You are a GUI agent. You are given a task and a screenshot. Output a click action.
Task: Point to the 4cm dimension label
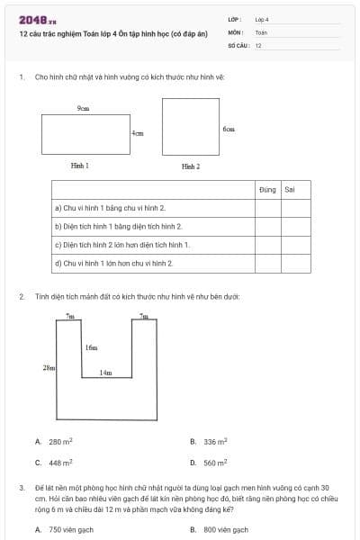click(x=138, y=133)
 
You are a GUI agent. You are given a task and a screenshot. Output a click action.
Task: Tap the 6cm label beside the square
click(x=229, y=129)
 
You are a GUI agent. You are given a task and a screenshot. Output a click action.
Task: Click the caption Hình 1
click(x=80, y=166)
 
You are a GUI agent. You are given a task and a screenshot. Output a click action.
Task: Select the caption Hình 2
click(x=191, y=166)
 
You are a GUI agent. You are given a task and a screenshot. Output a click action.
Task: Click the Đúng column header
click(x=267, y=190)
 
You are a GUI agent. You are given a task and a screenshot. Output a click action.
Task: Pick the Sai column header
click(x=290, y=190)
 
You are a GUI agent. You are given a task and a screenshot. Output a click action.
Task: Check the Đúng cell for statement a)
click(x=267, y=208)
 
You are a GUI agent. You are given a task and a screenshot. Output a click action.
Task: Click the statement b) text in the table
click(x=119, y=226)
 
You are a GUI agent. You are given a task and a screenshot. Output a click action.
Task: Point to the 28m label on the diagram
click(x=49, y=367)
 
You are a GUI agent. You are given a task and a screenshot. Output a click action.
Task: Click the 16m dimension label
click(x=92, y=346)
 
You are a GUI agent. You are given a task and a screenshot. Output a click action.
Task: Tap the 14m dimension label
click(x=106, y=373)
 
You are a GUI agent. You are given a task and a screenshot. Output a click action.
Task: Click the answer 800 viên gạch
click(x=226, y=530)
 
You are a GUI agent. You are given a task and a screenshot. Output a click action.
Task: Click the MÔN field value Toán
click(x=261, y=31)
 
